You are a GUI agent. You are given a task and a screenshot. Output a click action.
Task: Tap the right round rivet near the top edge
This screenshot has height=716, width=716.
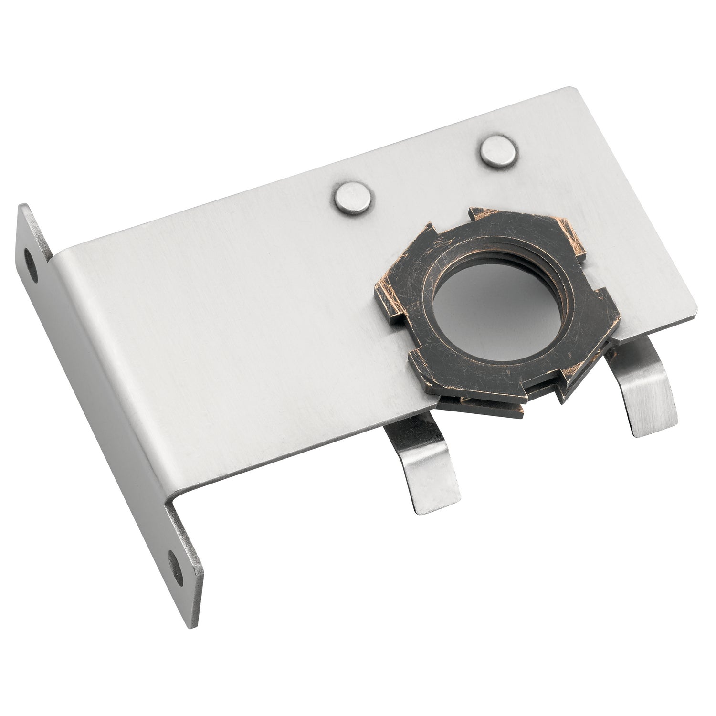(498, 152)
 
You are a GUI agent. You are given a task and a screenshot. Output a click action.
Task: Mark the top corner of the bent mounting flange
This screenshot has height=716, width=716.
(22, 205)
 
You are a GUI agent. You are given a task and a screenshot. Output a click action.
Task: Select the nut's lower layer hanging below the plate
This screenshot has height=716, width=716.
(477, 403)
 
